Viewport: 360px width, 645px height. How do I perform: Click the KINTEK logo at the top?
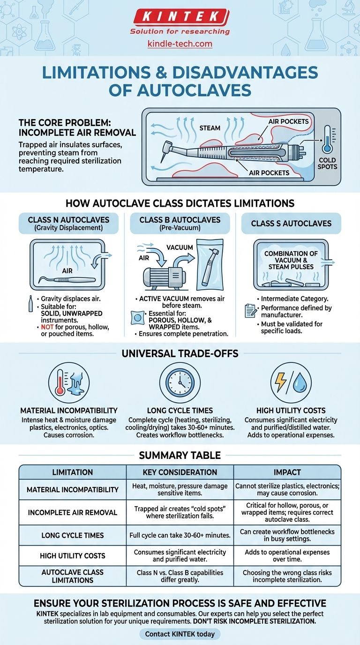point(180,17)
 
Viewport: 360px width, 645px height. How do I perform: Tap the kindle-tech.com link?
point(180,44)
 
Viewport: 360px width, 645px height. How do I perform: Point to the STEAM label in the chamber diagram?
point(210,127)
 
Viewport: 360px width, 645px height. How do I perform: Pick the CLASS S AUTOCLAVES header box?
point(291,224)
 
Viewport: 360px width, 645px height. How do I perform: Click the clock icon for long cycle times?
point(180,383)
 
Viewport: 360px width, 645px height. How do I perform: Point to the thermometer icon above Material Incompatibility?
point(68,383)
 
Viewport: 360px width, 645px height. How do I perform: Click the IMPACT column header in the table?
point(287,472)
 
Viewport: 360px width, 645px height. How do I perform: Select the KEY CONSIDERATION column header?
point(180,472)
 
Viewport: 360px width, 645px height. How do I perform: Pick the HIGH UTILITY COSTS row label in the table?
point(72,555)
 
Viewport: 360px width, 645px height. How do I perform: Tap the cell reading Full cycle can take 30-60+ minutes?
point(180,535)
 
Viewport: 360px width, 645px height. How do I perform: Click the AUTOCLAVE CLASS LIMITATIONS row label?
point(72,576)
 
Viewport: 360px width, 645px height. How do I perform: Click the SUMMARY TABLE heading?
point(180,455)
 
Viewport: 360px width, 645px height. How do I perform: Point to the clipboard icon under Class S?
point(250,311)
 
